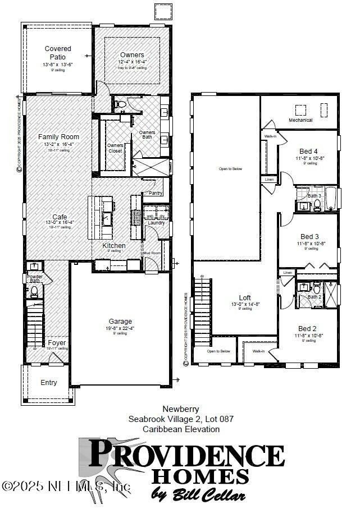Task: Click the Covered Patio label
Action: coord(58,53)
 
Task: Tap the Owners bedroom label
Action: coord(132,54)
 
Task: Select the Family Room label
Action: coord(58,137)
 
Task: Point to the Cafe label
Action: coord(60,217)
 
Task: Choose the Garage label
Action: coord(120,322)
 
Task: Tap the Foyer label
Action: coord(57,342)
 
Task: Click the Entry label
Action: coord(49,383)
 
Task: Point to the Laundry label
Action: coord(156,223)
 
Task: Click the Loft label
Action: coord(244,298)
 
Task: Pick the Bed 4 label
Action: coord(309,152)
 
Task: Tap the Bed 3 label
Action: coord(309,236)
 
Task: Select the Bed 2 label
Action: coord(307,329)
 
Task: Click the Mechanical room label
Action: coord(300,121)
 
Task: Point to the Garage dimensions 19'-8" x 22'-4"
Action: coord(120,328)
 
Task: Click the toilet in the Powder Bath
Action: coord(34,290)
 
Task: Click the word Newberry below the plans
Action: coord(181,409)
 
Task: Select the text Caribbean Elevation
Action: coord(181,429)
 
